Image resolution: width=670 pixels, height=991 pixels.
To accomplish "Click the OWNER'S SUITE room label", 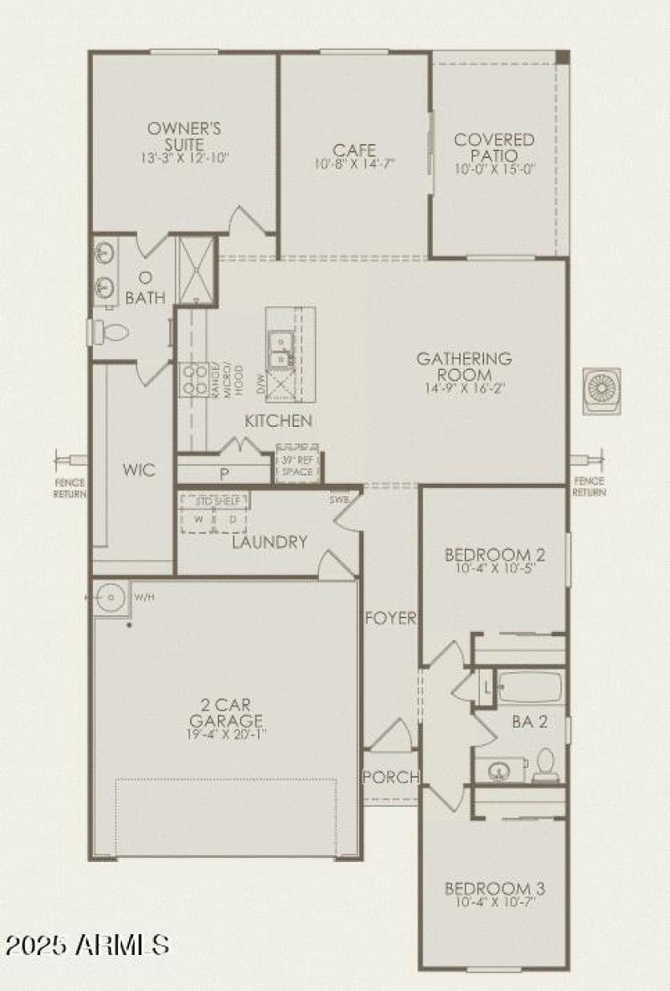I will [x=184, y=136].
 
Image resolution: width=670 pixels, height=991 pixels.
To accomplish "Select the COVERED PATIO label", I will [x=494, y=147].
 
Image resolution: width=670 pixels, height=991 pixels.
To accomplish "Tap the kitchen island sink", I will [x=279, y=350].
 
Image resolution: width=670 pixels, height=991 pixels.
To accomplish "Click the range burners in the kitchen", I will [x=195, y=379].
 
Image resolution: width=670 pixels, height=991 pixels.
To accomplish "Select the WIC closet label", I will [x=138, y=470].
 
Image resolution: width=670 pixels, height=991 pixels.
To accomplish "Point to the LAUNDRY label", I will [x=270, y=542].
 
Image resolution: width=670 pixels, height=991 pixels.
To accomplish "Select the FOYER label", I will [x=390, y=619].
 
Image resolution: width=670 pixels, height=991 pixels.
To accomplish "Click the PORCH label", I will [x=390, y=777].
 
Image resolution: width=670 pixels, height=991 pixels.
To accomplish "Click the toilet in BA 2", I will [x=545, y=763].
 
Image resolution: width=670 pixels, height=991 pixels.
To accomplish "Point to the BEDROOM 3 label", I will [x=495, y=888].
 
